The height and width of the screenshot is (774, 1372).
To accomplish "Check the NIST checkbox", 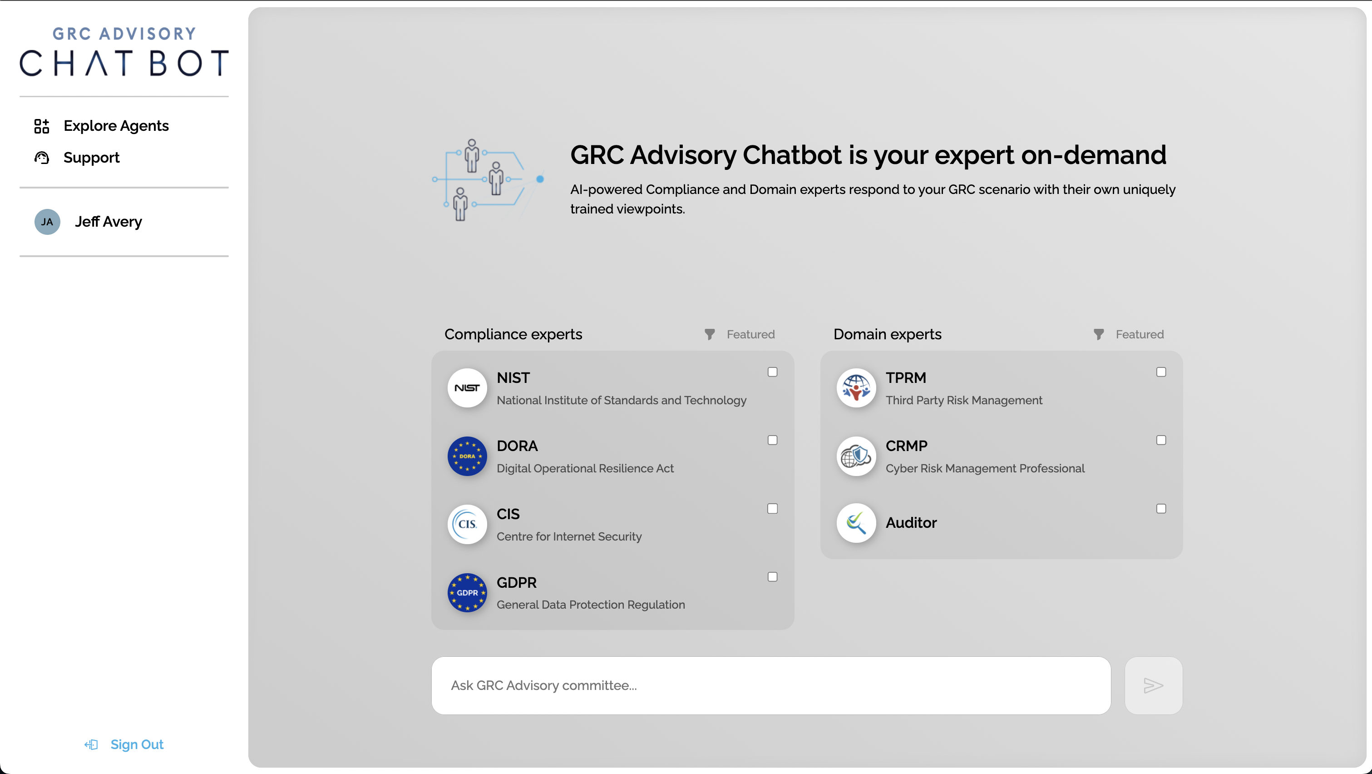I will pos(772,372).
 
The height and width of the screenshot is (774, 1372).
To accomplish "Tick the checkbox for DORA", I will pos(772,440).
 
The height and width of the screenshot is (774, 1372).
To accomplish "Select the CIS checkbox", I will pos(772,509).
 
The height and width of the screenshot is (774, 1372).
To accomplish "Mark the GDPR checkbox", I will pos(772,577).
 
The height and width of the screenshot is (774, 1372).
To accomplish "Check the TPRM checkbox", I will pos(1161,372).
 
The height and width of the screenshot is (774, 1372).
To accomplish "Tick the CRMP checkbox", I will pos(1161,440).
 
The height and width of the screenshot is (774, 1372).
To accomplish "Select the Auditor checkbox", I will pos(1161,509).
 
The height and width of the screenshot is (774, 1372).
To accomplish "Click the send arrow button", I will pos(1153,685).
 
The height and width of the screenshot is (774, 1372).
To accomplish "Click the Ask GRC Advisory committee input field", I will pos(771,685).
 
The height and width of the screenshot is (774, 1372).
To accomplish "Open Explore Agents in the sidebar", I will pos(116,126).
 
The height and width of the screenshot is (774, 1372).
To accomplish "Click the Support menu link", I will pos(91,158).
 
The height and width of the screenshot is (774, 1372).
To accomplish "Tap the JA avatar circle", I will pos(47,222).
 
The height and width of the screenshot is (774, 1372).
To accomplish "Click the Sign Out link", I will pos(136,744).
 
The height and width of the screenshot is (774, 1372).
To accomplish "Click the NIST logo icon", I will pos(467,388).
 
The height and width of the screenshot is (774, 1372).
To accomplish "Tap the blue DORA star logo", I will pos(467,456).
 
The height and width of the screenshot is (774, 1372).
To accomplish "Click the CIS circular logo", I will pos(467,524).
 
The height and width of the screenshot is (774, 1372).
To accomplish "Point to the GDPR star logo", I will pos(467,592).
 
